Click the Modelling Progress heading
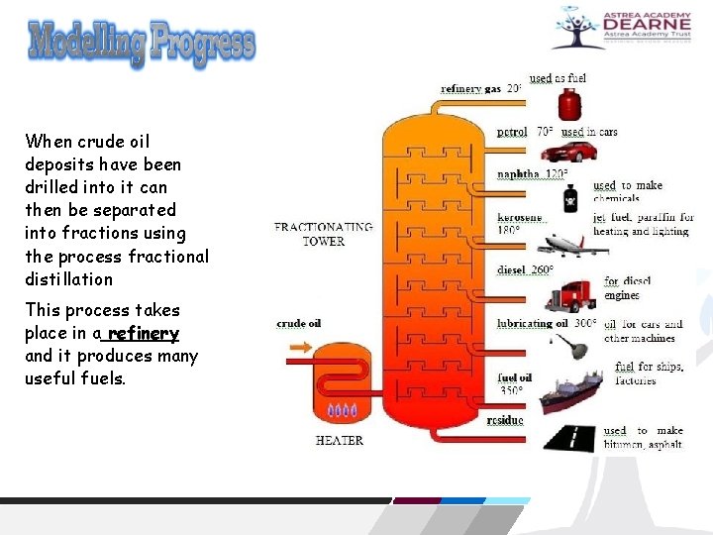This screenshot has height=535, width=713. pyautogui.click(x=142, y=44)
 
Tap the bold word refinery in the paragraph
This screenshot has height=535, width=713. pyautogui.click(x=145, y=333)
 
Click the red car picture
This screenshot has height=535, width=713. pyautogui.click(x=569, y=152)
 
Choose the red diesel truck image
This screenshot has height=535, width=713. pyautogui.click(x=568, y=294)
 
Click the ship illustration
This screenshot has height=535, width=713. pyautogui.click(x=569, y=390)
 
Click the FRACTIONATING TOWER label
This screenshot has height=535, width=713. pyautogui.click(x=324, y=234)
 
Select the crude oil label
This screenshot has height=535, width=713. pyautogui.click(x=298, y=323)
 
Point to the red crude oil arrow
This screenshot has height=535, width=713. pyautogui.click(x=299, y=348)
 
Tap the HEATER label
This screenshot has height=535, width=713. pyautogui.click(x=339, y=440)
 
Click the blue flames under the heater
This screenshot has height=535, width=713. pyautogui.click(x=343, y=410)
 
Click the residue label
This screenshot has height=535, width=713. pyautogui.click(x=505, y=420)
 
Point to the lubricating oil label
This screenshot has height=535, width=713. pyautogui.click(x=533, y=323)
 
